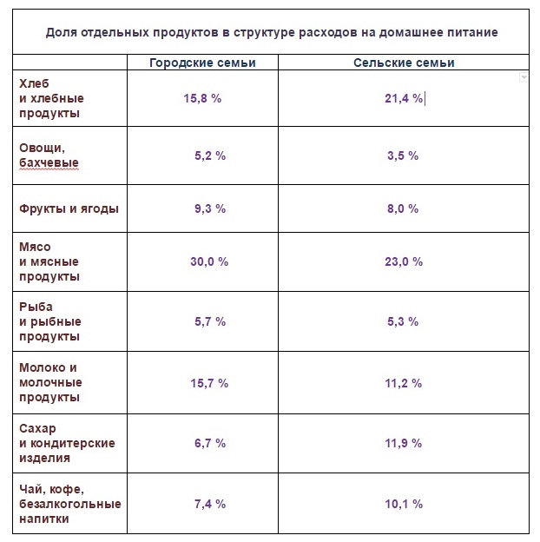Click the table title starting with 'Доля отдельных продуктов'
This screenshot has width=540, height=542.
(272, 33)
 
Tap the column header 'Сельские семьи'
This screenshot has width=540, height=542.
(404, 63)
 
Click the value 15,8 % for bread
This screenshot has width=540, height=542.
(202, 98)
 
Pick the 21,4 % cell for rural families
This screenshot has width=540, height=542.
(404, 98)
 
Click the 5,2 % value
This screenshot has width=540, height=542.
(209, 155)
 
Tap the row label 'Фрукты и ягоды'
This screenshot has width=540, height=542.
(69, 208)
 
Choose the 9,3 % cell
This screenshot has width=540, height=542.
(209, 208)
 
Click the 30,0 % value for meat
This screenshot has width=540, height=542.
(208, 261)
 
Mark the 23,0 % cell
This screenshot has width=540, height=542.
(404, 261)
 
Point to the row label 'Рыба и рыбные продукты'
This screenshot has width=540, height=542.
(50, 321)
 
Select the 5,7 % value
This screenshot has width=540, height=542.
(209, 321)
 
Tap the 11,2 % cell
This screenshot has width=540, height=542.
(404, 382)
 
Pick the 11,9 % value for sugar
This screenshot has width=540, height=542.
(404, 443)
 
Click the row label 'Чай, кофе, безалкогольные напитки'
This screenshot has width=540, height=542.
(69, 503)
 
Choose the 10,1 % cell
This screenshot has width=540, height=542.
(404, 503)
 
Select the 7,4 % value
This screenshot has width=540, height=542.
(209, 503)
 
